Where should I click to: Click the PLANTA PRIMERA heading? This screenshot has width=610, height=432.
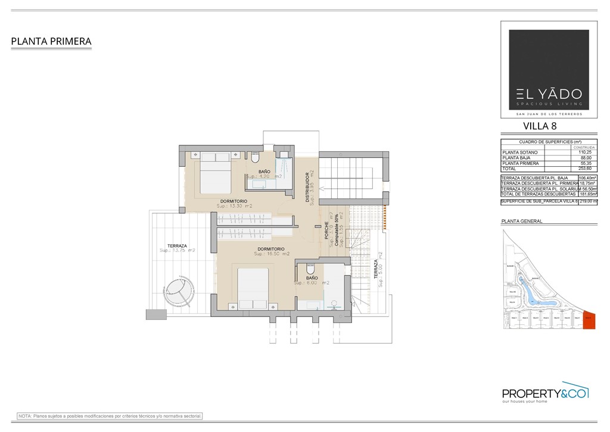pos(51,42)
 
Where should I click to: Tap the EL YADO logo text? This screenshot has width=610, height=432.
pos(549,94)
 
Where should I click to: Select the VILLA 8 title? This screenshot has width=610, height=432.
pos(540,126)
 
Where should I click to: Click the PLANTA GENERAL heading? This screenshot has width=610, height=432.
pos(522,221)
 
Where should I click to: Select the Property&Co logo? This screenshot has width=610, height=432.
pos(545,393)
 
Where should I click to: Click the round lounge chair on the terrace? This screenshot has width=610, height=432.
pos(178,291)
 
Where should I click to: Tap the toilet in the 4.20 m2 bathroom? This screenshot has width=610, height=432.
pos(255,158)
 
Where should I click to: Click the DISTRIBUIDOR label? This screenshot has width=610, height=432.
pos(308,188)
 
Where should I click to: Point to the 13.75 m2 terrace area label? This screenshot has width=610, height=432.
pos(178,251)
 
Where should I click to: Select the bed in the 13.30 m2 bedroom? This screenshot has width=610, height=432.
pos(214,172)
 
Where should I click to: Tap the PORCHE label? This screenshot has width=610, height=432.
pos(327,231)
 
